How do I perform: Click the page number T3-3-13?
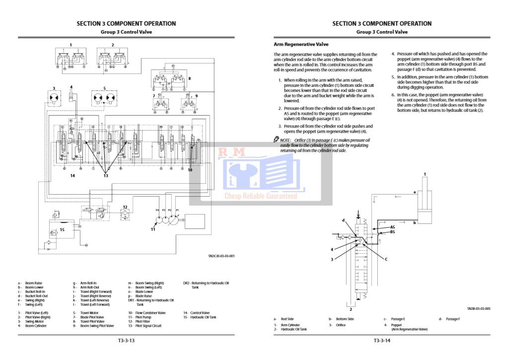(x=126, y=341)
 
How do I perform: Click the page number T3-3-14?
(x=382, y=341)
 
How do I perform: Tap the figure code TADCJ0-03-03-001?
(x=221, y=256)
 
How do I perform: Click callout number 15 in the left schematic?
(x=62, y=229)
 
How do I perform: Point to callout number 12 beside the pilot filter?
(x=125, y=207)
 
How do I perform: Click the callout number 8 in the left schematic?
(x=189, y=78)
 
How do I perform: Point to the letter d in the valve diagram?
(x=343, y=220)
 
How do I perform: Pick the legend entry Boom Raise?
(x=34, y=283)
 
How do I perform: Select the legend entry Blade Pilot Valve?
(x=92, y=317)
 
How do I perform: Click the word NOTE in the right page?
(x=285, y=140)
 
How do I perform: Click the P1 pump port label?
(x=177, y=210)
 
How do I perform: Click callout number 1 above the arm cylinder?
(x=425, y=174)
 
